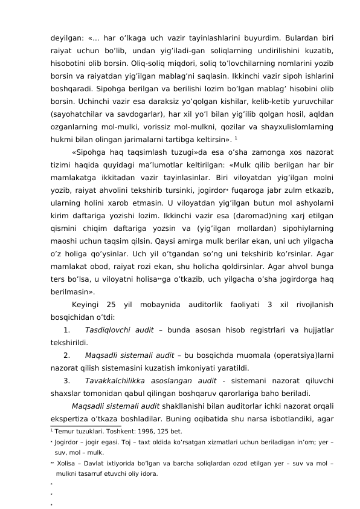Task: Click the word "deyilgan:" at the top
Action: coord(66,35)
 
